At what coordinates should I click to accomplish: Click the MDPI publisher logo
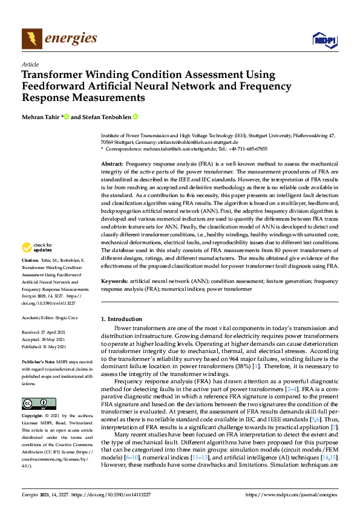click(x=323, y=40)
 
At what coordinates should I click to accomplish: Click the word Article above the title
click(x=30, y=64)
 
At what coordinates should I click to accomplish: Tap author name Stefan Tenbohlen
click(x=106, y=117)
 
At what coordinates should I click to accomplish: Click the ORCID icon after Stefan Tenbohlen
click(x=136, y=117)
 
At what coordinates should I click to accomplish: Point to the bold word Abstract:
click(x=112, y=164)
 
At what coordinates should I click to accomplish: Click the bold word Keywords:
click(x=114, y=281)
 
